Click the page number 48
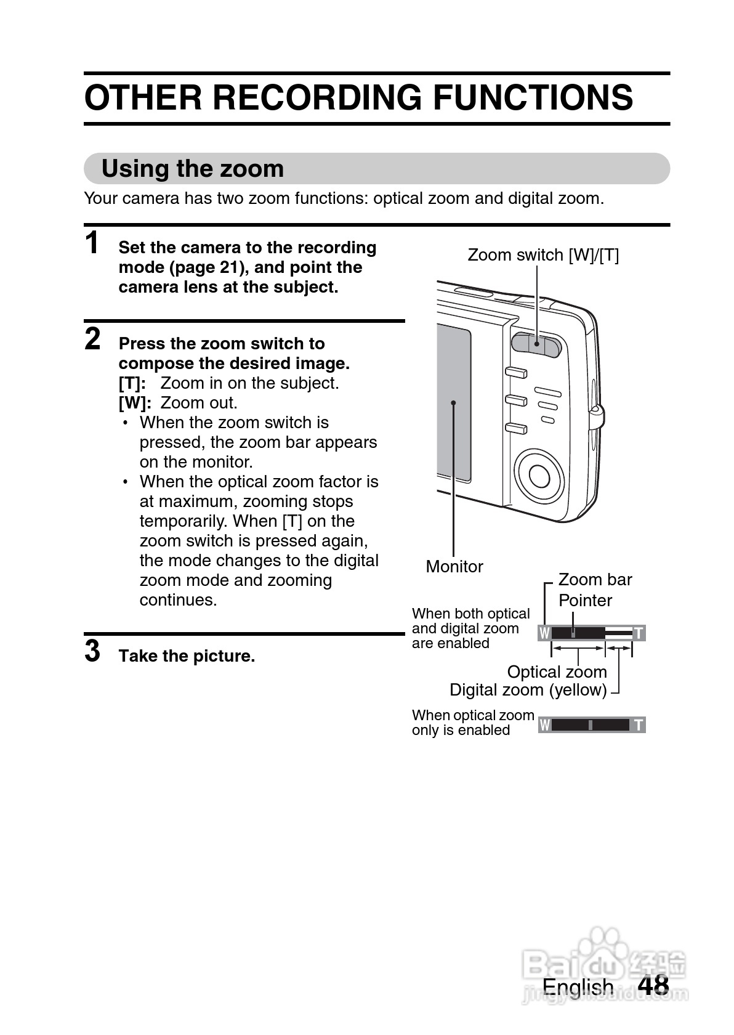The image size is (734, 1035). point(653,985)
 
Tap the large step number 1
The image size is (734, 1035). point(92,243)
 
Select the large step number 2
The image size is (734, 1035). point(92,339)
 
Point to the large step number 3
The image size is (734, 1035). point(92,651)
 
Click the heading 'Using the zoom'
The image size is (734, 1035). point(193,169)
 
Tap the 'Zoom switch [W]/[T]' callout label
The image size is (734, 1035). point(543,255)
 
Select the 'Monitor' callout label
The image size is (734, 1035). point(454,567)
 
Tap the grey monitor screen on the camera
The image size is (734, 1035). point(454,404)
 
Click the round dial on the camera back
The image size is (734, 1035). point(540,475)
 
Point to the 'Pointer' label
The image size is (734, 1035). point(585,601)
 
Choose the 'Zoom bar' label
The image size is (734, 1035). point(595,580)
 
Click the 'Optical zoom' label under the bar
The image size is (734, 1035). point(557,672)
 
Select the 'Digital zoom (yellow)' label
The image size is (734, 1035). point(528,690)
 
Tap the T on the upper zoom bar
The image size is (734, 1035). point(639,633)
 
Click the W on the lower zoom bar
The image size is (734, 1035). point(544,725)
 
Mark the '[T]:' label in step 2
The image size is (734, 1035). point(132,383)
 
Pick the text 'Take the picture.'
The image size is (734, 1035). point(187,656)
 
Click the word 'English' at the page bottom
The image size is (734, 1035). point(578,987)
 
